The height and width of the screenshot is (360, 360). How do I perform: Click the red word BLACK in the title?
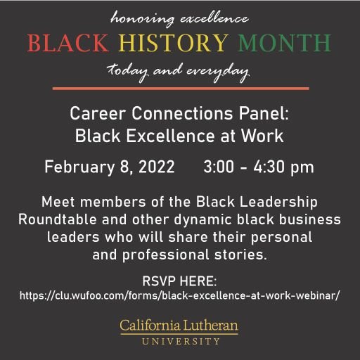click(69, 44)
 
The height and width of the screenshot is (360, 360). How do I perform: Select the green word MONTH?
click(284, 44)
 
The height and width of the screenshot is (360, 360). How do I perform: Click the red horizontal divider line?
click(180, 89)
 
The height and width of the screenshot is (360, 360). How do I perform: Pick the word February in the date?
click(75, 168)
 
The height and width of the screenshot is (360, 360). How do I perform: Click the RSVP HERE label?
click(179, 280)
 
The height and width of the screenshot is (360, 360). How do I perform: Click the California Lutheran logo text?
click(179, 325)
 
